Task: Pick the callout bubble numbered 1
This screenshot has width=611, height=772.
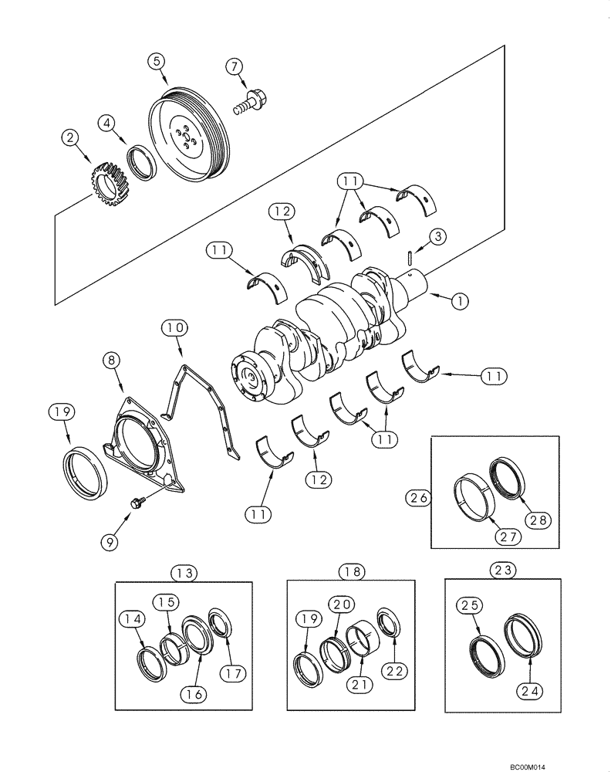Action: point(460,301)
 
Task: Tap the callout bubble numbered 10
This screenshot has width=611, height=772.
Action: point(175,329)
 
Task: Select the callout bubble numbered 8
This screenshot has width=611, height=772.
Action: point(112,360)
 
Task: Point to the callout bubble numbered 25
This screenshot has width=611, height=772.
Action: point(470,608)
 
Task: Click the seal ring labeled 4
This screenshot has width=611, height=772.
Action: point(141,163)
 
